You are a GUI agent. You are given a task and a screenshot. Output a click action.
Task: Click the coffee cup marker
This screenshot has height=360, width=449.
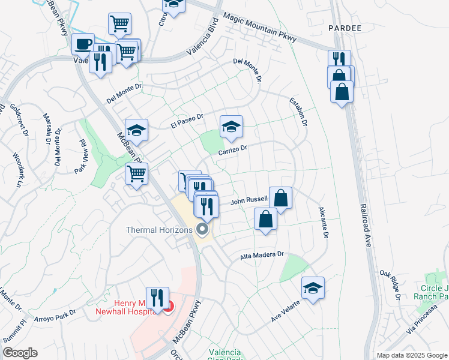83,44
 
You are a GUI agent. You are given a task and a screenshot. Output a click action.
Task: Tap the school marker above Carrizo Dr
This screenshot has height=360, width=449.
231,127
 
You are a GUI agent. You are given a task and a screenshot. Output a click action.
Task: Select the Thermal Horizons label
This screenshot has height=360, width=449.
160,230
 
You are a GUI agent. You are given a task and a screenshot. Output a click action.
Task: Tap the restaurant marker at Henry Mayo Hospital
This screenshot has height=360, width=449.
157,297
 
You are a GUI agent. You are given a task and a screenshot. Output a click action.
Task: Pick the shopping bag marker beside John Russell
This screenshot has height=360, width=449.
280,197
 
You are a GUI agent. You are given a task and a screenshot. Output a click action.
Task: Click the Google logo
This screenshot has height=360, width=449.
19,353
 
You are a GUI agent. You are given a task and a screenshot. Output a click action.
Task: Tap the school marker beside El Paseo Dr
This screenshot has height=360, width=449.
136,130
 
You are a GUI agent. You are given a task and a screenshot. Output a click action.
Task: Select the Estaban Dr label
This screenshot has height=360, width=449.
298,112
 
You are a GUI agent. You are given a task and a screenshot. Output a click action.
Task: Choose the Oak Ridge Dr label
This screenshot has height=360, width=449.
390,283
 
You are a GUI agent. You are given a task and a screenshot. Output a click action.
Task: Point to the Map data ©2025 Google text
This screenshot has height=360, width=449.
411,355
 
